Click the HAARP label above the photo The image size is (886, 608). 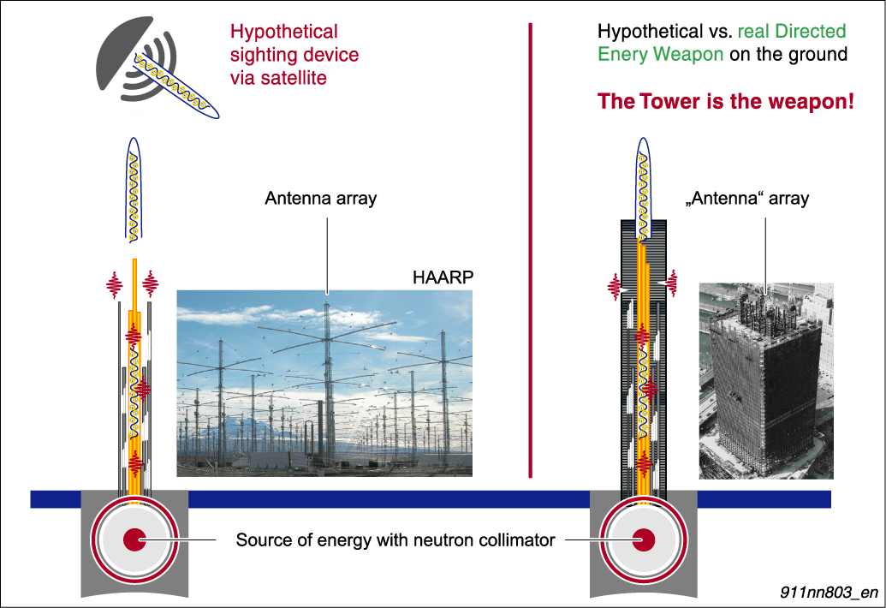pyautogui.click(x=443, y=277)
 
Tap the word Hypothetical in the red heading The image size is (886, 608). pyautogui.click(x=283, y=32)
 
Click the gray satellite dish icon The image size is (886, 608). pyautogui.click(x=135, y=59)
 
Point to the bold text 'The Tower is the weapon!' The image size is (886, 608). pyautogui.click(x=726, y=101)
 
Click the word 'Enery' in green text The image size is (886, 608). pyautogui.click(x=622, y=54)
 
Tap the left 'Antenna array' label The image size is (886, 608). pyautogui.click(x=320, y=199)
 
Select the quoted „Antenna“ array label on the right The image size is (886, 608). pyautogui.click(x=747, y=199)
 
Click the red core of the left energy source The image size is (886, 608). pyautogui.click(x=134, y=539)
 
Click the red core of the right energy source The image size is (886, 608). pyautogui.click(x=643, y=539)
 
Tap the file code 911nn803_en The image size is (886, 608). pyautogui.click(x=829, y=592)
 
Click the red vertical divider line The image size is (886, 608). pyautogui.click(x=530, y=250)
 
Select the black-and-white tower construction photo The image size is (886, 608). pyautogui.click(x=766, y=381)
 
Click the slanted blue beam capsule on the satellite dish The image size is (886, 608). pyautogui.click(x=176, y=86)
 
